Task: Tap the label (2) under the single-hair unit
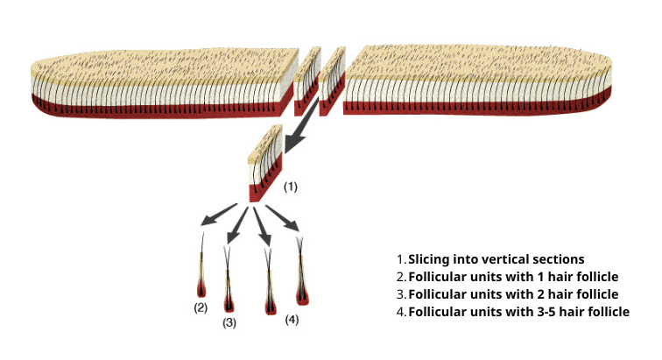point(201,307)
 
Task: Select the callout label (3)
point(229,322)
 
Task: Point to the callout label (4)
point(292,319)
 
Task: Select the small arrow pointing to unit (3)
point(237,224)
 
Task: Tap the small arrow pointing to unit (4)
point(282,218)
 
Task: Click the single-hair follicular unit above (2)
point(203,272)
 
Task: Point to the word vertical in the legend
point(503,260)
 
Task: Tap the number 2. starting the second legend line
point(401,277)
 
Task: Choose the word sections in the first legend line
point(559,260)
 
